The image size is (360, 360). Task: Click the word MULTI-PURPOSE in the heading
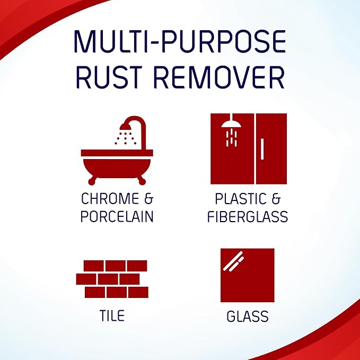[x=180, y=41]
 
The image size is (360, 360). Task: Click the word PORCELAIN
[x=117, y=216]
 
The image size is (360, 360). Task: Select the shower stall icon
[x=248, y=148]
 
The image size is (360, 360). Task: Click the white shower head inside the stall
[x=231, y=126]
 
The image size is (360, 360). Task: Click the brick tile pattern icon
[x=111, y=279]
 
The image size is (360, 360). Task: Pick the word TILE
[x=112, y=315]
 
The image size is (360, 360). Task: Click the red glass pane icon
[x=247, y=275]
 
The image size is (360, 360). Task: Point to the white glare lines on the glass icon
[x=233, y=260]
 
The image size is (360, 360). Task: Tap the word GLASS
[x=247, y=317]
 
